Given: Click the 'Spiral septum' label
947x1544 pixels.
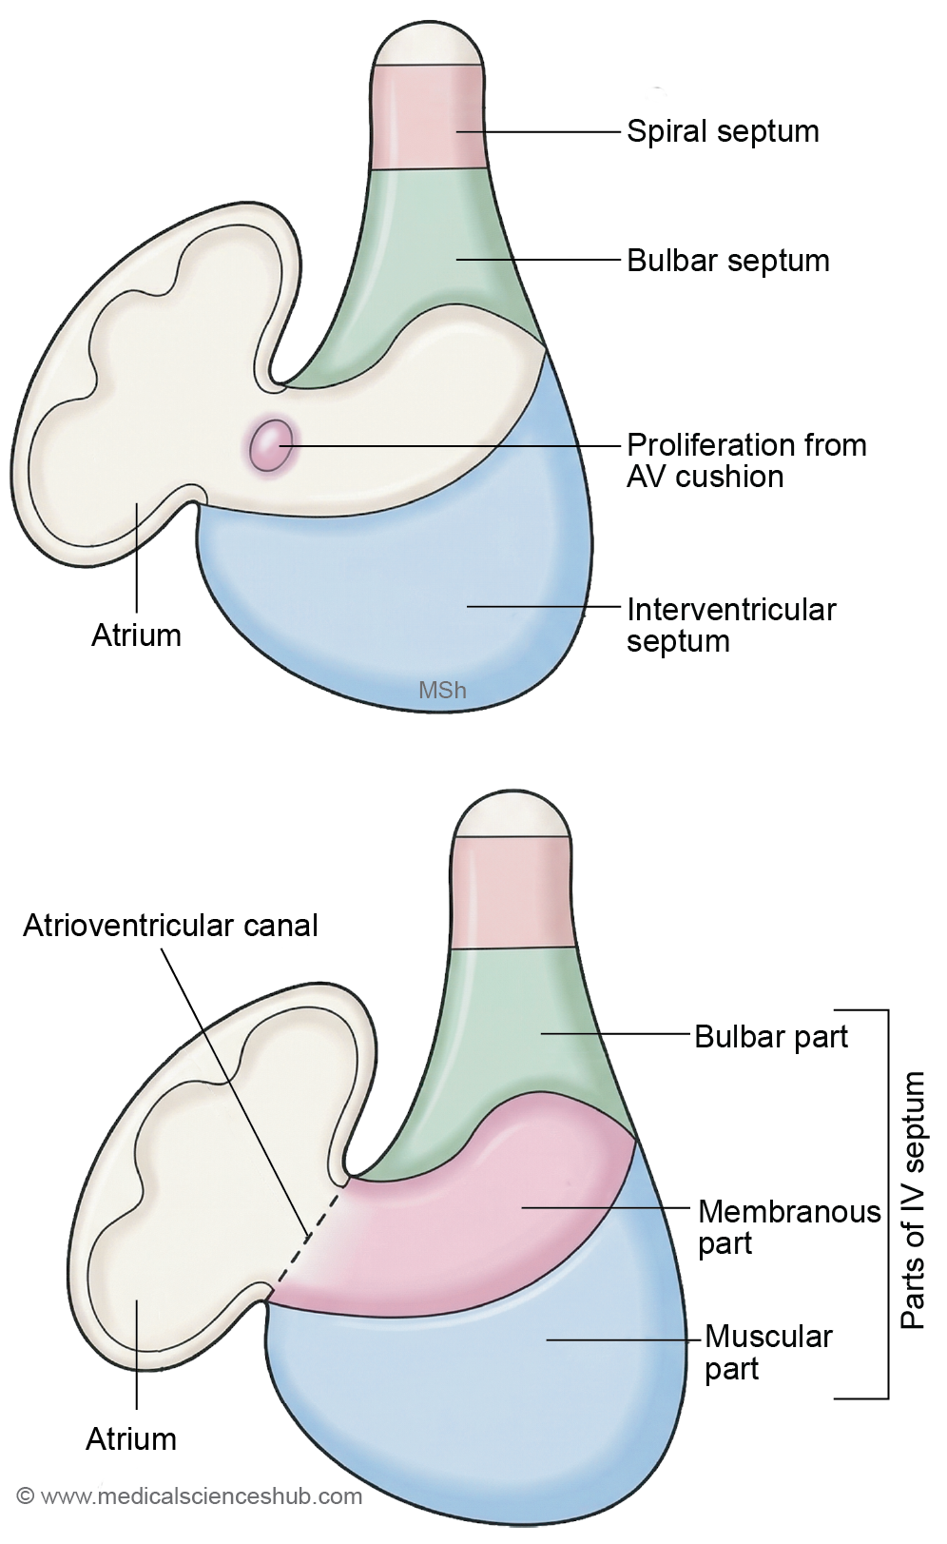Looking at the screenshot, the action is coord(723,131).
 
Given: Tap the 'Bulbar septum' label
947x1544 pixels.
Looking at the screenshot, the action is coord(728,261).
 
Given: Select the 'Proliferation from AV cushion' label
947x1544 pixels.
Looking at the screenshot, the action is coord(746,460).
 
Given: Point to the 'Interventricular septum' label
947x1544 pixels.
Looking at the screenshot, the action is coord(731,625).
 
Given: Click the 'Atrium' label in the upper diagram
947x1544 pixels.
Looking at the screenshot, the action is coord(136,635).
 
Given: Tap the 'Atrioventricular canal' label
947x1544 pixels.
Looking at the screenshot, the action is coord(171,925).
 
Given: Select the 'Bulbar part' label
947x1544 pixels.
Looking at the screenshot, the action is coord(771,1036).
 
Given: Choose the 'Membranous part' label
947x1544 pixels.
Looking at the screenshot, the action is coord(789,1227).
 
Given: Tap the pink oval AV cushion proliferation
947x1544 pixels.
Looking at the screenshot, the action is coord(271,446).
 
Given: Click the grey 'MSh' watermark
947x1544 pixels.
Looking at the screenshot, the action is coord(442,690).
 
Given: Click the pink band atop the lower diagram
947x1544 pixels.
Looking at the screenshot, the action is coord(512,892).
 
